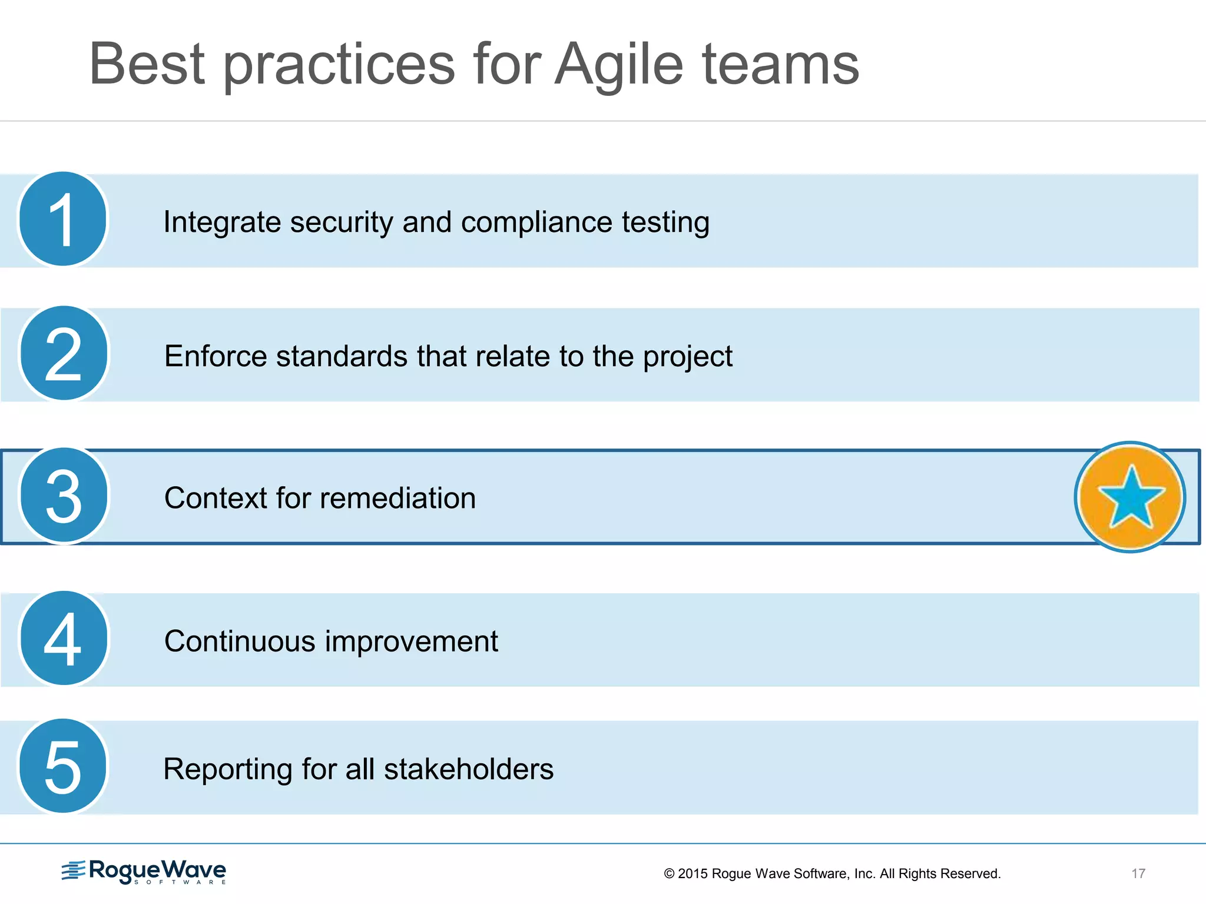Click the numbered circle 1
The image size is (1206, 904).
pyautogui.click(x=62, y=219)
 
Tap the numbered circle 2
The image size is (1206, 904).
pyautogui.click(x=64, y=353)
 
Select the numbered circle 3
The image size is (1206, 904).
pyautogui.click(x=64, y=495)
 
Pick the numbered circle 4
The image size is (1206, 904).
pyautogui.click(x=64, y=639)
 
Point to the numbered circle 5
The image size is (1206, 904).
pyautogui.click(x=62, y=766)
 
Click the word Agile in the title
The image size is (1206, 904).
pyautogui.click(x=619, y=65)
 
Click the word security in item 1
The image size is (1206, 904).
pyautogui.click(x=341, y=222)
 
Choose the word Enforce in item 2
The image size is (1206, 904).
pyautogui.click(x=215, y=356)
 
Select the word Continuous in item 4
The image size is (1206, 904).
pyautogui.click(x=239, y=641)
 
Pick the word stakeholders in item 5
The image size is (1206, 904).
pyautogui.click(x=469, y=769)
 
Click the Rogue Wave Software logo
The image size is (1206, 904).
pyautogui.click(x=144, y=871)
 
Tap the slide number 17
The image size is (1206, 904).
pyautogui.click(x=1138, y=873)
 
